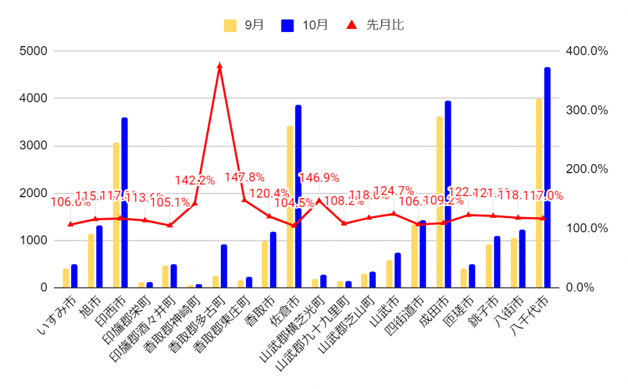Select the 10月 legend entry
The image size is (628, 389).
pyautogui.click(x=305, y=25)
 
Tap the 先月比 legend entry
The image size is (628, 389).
pyautogui.click(x=376, y=25)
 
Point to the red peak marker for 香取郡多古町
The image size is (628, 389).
pyautogui.click(x=220, y=65)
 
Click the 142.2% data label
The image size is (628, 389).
pyautogui.click(x=194, y=180)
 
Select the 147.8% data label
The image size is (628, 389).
pyautogui.click(x=244, y=178)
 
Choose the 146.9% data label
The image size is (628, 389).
pyautogui.click(x=319, y=178)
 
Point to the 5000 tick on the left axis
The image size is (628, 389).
pyautogui.click(x=34, y=51)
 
